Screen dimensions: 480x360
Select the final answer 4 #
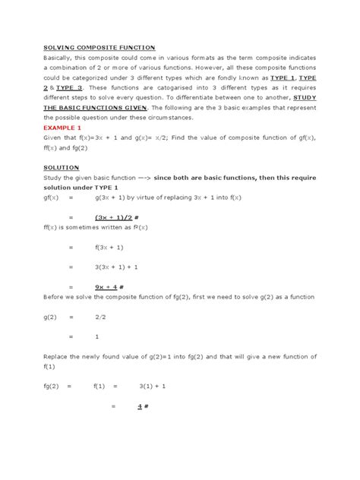142,406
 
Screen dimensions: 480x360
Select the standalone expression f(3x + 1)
110,247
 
